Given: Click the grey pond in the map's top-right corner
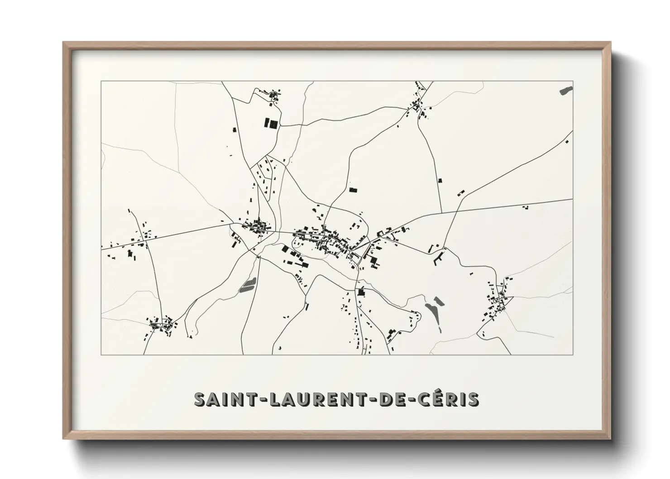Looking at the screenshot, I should (x=566, y=90).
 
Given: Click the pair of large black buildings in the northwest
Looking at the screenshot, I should (x=270, y=123).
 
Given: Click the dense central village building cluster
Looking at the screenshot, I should (x=324, y=239).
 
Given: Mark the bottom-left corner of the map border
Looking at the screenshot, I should (x=101, y=354).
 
